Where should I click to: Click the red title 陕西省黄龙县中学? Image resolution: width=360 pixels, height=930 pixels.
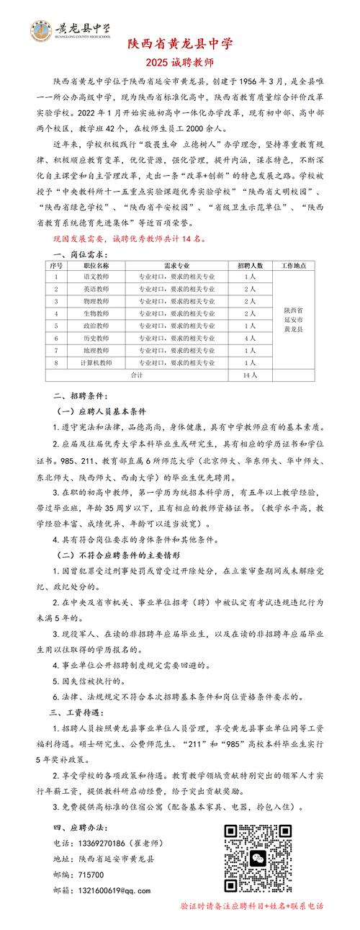180,44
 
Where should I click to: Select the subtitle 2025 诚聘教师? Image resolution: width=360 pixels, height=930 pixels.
179,61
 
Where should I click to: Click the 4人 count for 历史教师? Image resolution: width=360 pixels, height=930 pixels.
250,338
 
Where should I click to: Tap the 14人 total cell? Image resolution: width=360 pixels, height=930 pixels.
250,375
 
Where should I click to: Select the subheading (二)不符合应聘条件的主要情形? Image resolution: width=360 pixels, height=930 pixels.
119,557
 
